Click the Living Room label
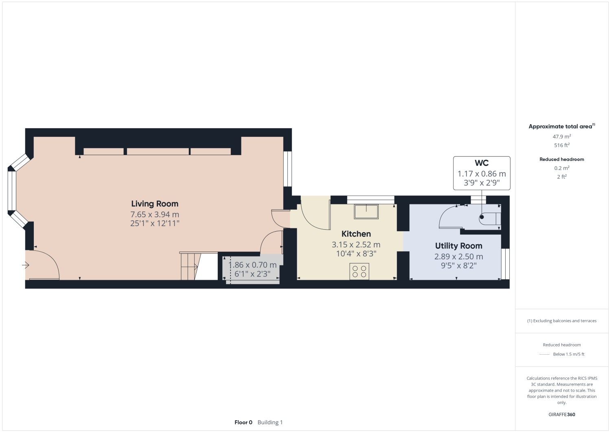[x=154, y=204]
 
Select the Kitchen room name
[x=356, y=234]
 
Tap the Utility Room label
[x=458, y=246]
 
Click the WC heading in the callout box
[x=482, y=163]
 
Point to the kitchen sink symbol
[x=366, y=211]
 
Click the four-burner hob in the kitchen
[x=359, y=271]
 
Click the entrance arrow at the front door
[x=26, y=265]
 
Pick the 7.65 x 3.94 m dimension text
[x=154, y=214]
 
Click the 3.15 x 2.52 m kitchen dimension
[x=356, y=245]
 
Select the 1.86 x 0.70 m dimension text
[x=252, y=265]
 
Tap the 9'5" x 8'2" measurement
[x=458, y=265]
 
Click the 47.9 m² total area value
[x=561, y=137]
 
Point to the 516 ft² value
[x=561, y=145]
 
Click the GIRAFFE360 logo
[x=562, y=414]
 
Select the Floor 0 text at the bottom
[x=243, y=422]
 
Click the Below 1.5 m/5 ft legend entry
[x=568, y=354]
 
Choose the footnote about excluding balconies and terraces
[x=562, y=321]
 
